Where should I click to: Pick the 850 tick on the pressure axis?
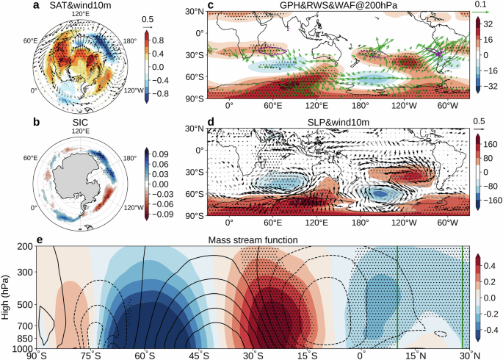pyautogui.click(x=25, y=339)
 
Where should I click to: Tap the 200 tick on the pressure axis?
pyautogui.click(x=25, y=248)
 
